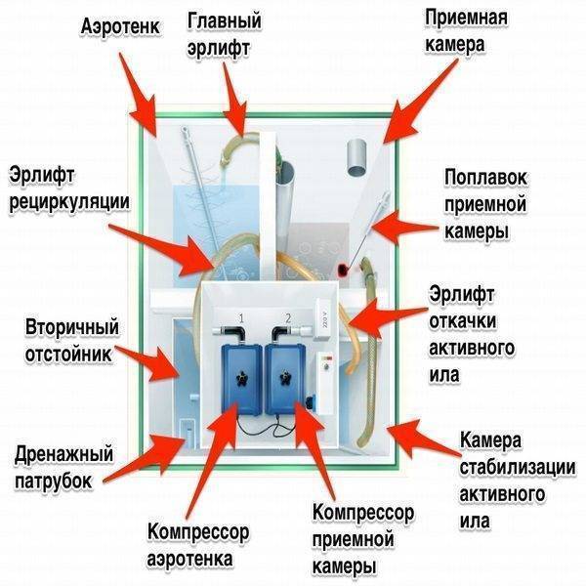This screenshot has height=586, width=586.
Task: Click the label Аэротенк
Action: [x=120, y=27]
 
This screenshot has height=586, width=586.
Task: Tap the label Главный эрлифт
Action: [x=224, y=34]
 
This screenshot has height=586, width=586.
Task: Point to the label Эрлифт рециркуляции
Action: [x=69, y=189]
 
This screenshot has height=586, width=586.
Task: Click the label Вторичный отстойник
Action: [x=71, y=340]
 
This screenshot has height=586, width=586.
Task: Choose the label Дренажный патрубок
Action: [x=63, y=467]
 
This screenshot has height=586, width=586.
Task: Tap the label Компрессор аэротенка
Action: [x=197, y=545]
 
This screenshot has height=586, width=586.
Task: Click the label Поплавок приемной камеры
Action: [x=485, y=204]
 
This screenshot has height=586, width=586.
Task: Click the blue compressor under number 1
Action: [x=241, y=379]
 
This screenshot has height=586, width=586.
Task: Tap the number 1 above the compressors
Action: [x=241, y=318]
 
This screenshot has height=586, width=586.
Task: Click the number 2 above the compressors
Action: [x=288, y=318]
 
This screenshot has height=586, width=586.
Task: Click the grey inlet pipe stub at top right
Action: [x=356, y=157]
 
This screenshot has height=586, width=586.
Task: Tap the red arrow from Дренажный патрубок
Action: [x=145, y=458]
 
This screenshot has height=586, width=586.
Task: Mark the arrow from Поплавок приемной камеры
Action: [x=403, y=228]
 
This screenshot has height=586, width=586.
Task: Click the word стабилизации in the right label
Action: [x=518, y=468]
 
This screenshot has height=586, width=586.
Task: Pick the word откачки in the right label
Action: [x=462, y=321]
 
